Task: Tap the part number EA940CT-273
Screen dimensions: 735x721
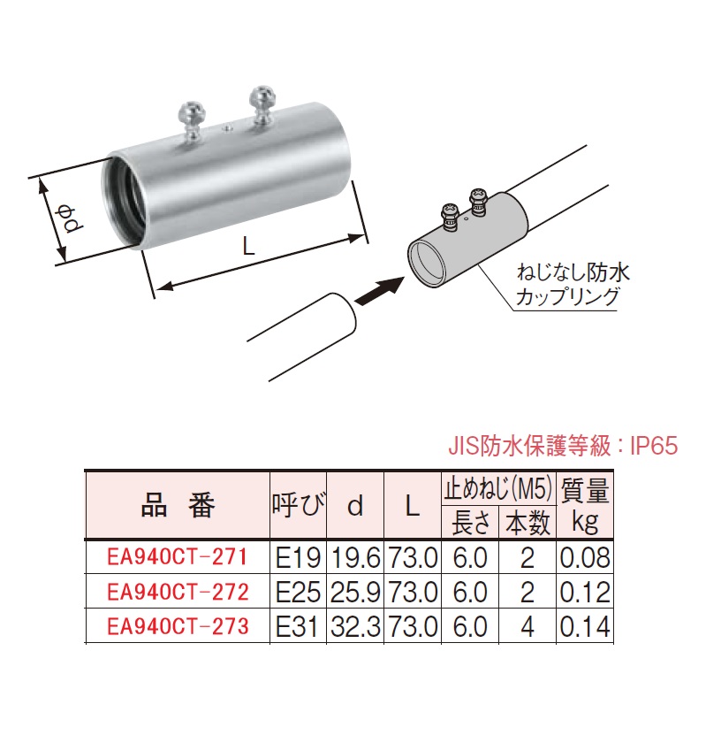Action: [x=177, y=626]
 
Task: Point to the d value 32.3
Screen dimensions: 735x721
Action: [x=355, y=626]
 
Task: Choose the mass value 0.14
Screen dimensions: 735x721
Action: [x=585, y=626]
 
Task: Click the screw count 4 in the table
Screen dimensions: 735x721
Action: [x=527, y=626]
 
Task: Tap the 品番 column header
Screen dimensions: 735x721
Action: [x=177, y=506]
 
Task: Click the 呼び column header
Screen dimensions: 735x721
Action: [x=298, y=506]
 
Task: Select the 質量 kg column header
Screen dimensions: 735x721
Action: [x=585, y=505]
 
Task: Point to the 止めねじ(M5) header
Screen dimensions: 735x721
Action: [x=497, y=487]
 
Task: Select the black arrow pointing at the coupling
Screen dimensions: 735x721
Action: [x=380, y=287]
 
